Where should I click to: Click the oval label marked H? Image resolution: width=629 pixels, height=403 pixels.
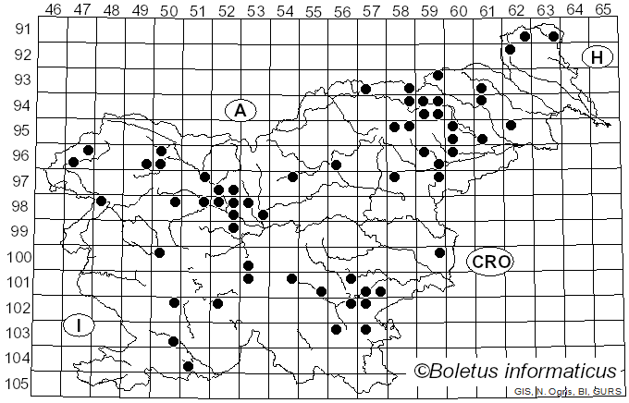[598, 58]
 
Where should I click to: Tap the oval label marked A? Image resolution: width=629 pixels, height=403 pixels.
[240, 111]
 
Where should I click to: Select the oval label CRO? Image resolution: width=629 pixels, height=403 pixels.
[490, 262]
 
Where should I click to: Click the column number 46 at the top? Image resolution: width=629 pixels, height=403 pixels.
[54, 9]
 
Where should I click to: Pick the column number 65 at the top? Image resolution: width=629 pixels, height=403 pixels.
[603, 9]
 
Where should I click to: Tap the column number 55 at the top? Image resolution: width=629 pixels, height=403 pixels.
[314, 9]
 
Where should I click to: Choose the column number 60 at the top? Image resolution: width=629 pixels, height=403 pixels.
[459, 9]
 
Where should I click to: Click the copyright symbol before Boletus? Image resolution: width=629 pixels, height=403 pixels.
[421, 372]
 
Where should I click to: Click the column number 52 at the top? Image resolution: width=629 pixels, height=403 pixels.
[227, 9]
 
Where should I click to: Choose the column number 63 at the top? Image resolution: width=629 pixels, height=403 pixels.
[546, 9]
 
